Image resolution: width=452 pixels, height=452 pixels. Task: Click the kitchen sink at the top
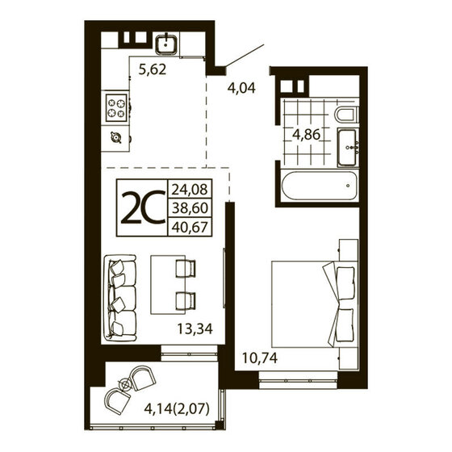tap(167, 44)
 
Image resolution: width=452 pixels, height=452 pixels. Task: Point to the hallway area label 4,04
tap(240, 88)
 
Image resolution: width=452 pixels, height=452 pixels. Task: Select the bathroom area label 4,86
tap(308, 134)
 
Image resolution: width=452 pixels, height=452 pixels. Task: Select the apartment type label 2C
tap(142, 208)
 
